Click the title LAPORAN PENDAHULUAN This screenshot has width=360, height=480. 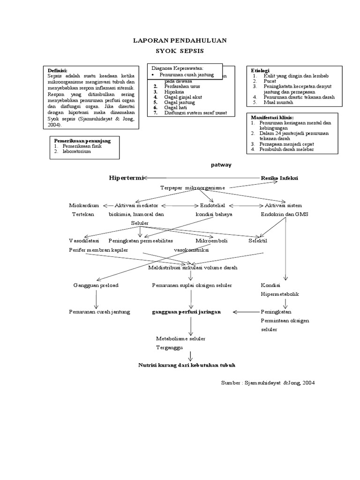(180, 41)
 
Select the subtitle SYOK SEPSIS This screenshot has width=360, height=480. (180, 51)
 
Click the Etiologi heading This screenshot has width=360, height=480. (261, 70)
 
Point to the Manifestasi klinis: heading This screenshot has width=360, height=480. (272, 117)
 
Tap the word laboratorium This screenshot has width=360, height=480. (78, 151)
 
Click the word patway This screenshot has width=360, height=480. (222, 165)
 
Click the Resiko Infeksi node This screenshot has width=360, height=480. (279, 178)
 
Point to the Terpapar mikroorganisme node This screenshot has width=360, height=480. (192, 187)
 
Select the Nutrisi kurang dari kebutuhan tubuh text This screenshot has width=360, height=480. (187, 365)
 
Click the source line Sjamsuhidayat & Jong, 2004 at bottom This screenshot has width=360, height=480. (268, 382)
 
